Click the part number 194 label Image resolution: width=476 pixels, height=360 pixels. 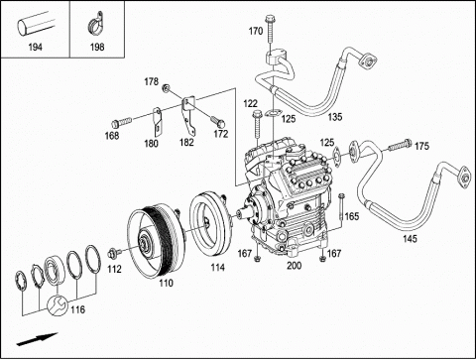(36, 48)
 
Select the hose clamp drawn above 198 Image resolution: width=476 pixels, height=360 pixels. (96, 24)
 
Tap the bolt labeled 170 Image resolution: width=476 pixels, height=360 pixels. (271, 29)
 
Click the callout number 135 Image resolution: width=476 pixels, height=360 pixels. (335, 117)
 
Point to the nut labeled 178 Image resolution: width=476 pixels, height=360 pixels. (166, 88)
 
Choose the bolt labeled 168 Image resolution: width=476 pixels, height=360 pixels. (122, 122)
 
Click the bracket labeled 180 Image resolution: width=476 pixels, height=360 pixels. (157, 122)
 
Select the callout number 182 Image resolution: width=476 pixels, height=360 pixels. (186, 143)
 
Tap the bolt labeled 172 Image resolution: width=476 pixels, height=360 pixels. (218, 121)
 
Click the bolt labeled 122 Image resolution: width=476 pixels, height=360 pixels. (257, 125)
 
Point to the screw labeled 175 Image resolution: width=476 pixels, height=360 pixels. (400, 146)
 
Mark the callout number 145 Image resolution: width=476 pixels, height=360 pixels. (410, 239)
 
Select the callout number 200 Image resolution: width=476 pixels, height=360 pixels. (294, 266)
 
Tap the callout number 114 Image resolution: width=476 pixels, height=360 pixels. (218, 267)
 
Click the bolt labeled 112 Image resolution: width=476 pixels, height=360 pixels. (114, 254)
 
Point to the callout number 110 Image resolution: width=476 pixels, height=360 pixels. (166, 283)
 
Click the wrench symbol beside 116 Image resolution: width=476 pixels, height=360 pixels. (57, 305)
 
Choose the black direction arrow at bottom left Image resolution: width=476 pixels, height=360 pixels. (38, 339)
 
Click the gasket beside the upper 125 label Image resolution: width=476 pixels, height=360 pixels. (272, 113)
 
